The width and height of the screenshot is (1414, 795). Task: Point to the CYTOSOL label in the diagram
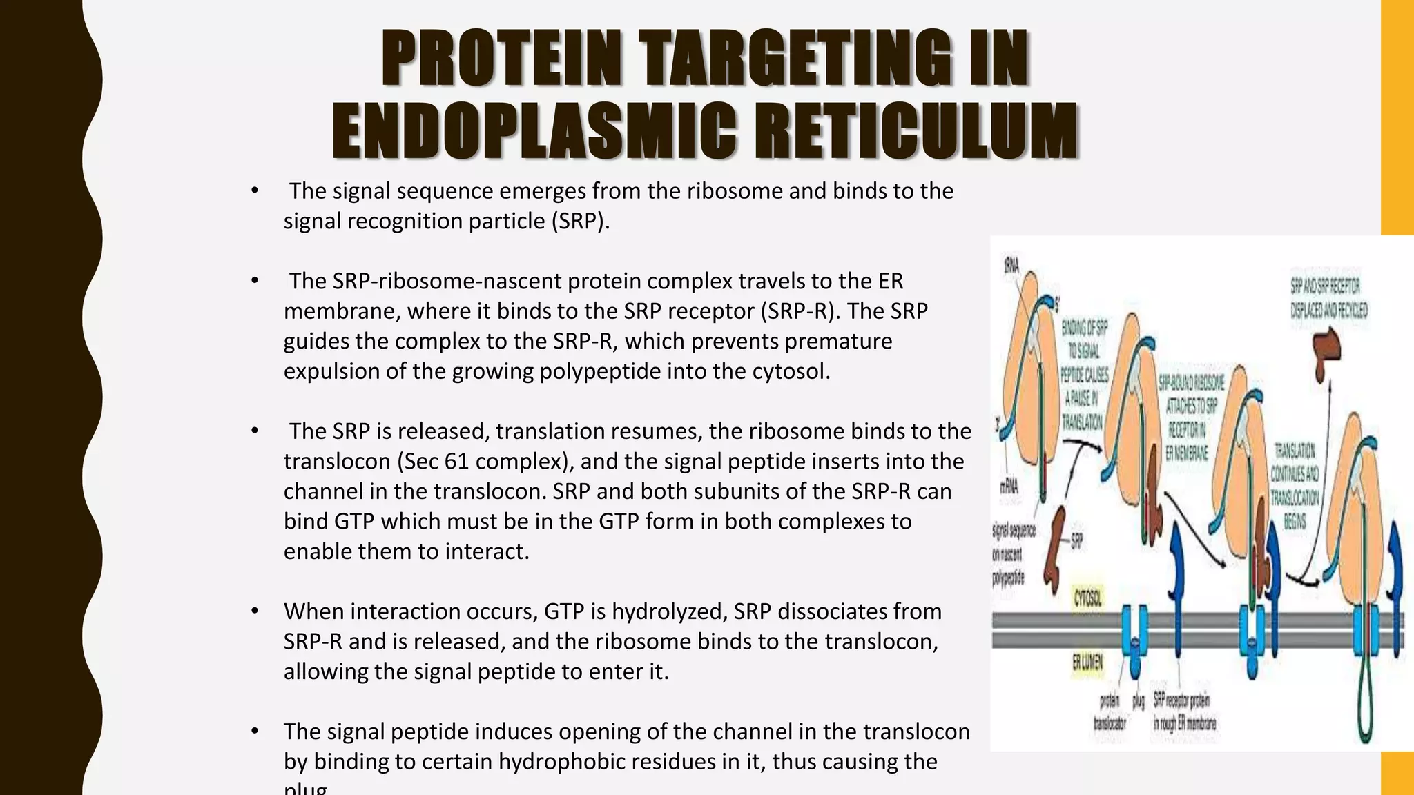(1087, 598)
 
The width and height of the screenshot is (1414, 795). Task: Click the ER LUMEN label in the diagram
(1087, 663)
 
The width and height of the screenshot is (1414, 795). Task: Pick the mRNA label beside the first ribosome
(1009, 487)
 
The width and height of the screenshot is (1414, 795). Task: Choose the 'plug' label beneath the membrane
(1138, 701)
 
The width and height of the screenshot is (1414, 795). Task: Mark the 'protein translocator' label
(1110, 712)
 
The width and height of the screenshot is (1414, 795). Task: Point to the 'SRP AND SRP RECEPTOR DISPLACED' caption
(1328, 297)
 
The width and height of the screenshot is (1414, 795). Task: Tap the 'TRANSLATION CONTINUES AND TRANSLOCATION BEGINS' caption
(1295, 485)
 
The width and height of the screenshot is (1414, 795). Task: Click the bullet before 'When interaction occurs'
(255, 611)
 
